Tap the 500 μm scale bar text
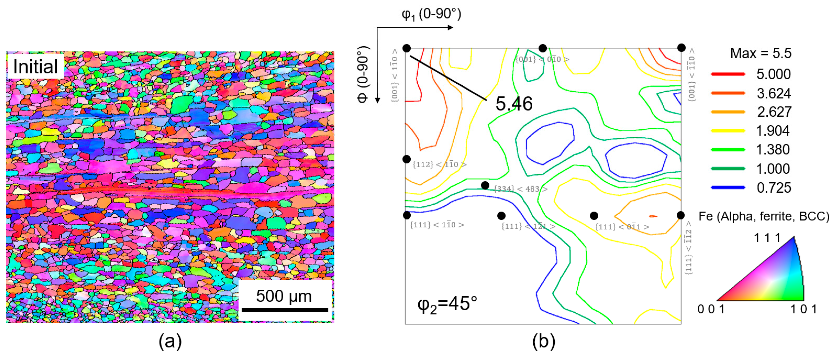pyautogui.click(x=284, y=296)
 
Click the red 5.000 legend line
pyautogui.click(x=728, y=74)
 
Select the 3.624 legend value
pyautogui.click(x=774, y=93)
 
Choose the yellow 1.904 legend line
pyautogui.click(x=728, y=131)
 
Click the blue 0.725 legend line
pyautogui.click(x=728, y=187)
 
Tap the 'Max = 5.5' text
pyautogui.click(x=760, y=53)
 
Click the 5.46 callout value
pyautogui.click(x=514, y=104)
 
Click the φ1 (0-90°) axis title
pyautogui.click(x=431, y=14)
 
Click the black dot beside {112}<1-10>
pyautogui.click(x=406, y=159)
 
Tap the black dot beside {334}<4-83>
pyautogui.click(x=485, y=186)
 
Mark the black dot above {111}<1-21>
pyautogui.click(x=501, y=216)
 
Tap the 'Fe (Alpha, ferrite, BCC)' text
pyautogui.click(x=764, y=216)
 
